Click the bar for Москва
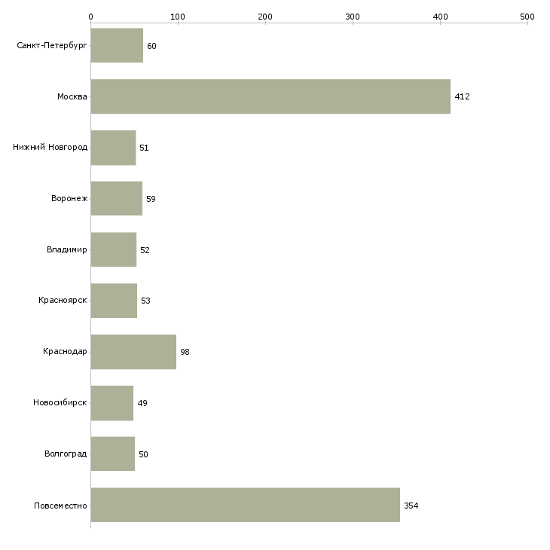pos(270,96)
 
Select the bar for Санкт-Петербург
pos(117,45)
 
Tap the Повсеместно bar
pos(245,505)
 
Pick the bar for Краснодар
pos(133,352)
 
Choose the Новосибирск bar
pos(112,403)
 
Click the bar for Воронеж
pos(117,199)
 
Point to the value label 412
pos(462,96)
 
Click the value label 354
pos(411,506)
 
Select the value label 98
pos(185,352)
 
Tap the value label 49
pos(142,403)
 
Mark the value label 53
pos(145,301)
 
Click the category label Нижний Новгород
pos(50,148)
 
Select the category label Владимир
pos(66,249)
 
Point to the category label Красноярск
pos(63,301)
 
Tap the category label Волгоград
pos(66,454)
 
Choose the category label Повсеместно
pos(60,506)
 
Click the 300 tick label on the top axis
pos(353,17)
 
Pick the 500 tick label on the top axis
pos(527,17)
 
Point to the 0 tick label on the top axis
pos(91,17)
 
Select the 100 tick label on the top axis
pos(178,17)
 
